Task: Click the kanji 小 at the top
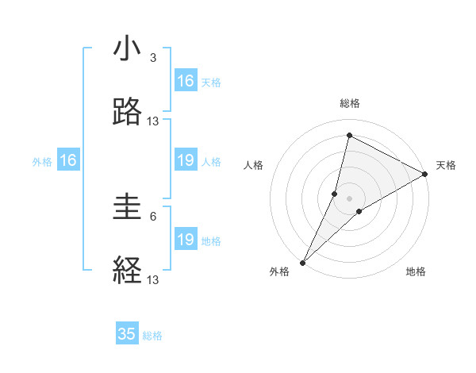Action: [x=128, y=49]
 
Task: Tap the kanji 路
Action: [x=128, y=113]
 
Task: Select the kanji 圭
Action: [x=128, y=207]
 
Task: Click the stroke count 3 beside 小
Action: [x=153, y=58]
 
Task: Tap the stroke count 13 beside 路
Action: [x=153, y=121]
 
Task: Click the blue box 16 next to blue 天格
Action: [x=186, y=81]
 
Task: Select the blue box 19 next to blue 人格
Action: [x=186, y=161]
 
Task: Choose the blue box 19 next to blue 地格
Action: [x=186, y=240]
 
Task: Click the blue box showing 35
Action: [x=127, y=334]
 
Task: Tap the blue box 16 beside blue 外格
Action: [x=68, y=161]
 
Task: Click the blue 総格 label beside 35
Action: [x=152, y=336]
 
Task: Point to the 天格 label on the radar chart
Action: [x=446, y=165]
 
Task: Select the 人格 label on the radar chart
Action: [x=253, y=165]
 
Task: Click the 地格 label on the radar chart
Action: [x=416, y=271]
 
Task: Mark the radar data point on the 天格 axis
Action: [x=425, y=175]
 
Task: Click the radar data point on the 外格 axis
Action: [x=303, y=262]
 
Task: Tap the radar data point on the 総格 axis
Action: [x=349, y=135]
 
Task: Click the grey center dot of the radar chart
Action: [x=349, y=198]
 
